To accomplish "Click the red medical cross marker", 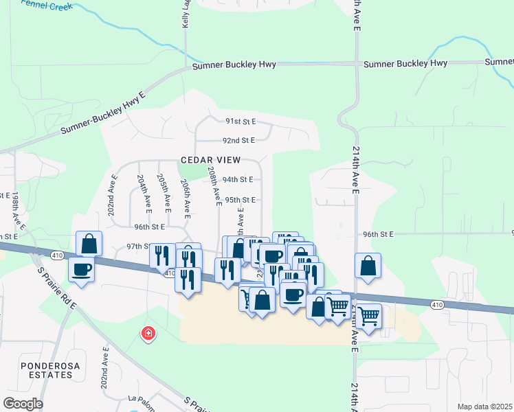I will click(147, 334).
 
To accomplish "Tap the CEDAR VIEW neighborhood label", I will click(210, 160).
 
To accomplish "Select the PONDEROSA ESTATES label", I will click(46, 370).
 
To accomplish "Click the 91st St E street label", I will click(241, 122).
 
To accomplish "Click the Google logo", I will click(23, 404).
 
